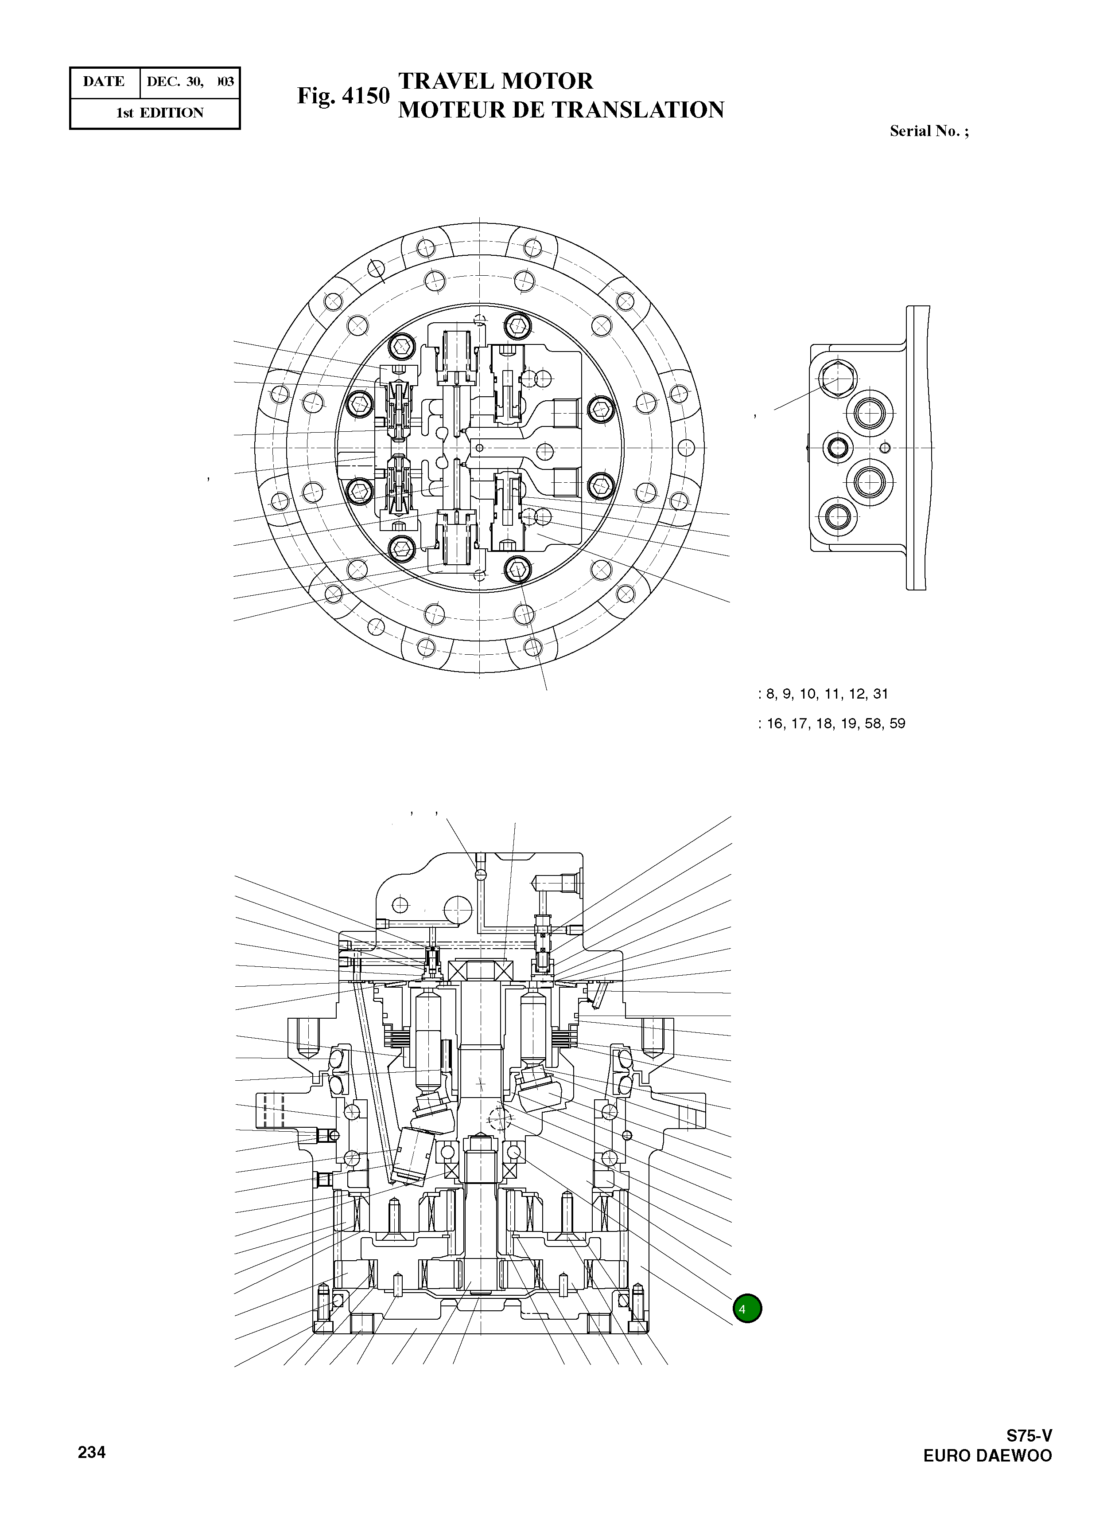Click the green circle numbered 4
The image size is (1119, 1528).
747,1309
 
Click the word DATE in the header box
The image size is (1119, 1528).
104,82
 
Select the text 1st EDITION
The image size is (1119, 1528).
160,113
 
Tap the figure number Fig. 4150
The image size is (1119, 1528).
343,96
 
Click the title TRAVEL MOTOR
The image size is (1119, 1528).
495,81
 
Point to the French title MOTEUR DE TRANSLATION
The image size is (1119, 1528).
561,110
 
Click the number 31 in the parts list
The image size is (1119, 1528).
881,694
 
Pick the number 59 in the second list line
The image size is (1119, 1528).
898,724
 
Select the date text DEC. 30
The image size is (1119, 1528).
174,82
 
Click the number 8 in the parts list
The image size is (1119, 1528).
770,694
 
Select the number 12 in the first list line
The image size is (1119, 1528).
856,694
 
